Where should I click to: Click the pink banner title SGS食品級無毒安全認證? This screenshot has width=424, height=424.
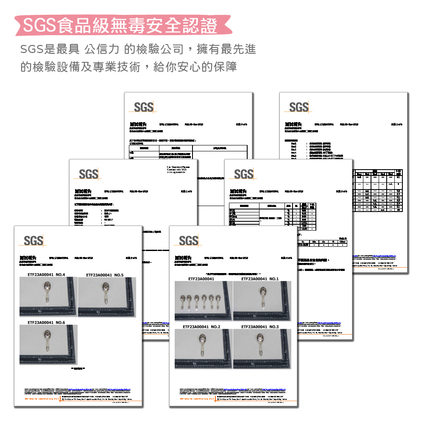pyautogui.click(x=120, y=25)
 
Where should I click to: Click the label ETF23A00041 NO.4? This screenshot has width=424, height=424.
pyautogui.click(x=46, y=275)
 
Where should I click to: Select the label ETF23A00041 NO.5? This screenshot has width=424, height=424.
pyautogui.click(x=104, y=275)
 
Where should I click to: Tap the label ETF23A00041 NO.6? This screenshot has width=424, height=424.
pyautogui.click(x=46, y=323)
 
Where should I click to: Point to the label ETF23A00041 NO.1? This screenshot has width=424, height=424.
pyautogui.click(x=260, y=279)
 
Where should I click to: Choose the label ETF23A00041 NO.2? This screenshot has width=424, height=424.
pyautogui.click(x=201, y=327)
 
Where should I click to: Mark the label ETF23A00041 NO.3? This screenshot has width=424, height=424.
pyautogui.click(x=260, y=327)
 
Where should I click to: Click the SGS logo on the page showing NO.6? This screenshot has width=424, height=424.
pyautogui.click(x=33, y=241)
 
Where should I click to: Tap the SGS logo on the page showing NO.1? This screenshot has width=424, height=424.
pyautogui.click(x=189, y=241)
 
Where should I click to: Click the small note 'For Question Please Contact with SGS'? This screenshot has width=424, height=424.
pyautogui.click(x=179, y=170)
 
